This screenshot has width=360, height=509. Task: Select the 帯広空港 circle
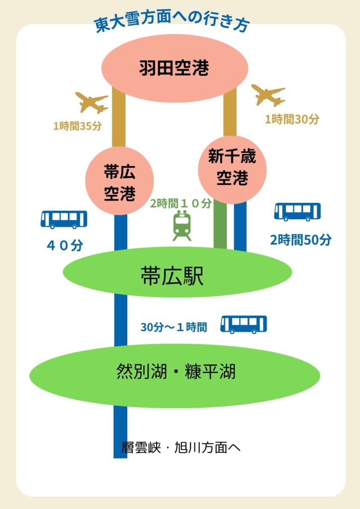click(120, 182)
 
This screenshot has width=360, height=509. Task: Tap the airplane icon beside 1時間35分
click(91, 102)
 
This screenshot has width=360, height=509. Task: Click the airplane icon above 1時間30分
click(269, 94)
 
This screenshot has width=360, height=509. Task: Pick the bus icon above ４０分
click(64, 219)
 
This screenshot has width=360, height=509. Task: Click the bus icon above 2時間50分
click(297, 211)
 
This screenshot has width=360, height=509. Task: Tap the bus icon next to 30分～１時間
click(244, 324)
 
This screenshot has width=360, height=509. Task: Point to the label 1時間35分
click(78, 126)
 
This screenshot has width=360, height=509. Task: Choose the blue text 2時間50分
click(300, 240)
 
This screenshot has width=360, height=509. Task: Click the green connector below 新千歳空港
click(220, 226)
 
